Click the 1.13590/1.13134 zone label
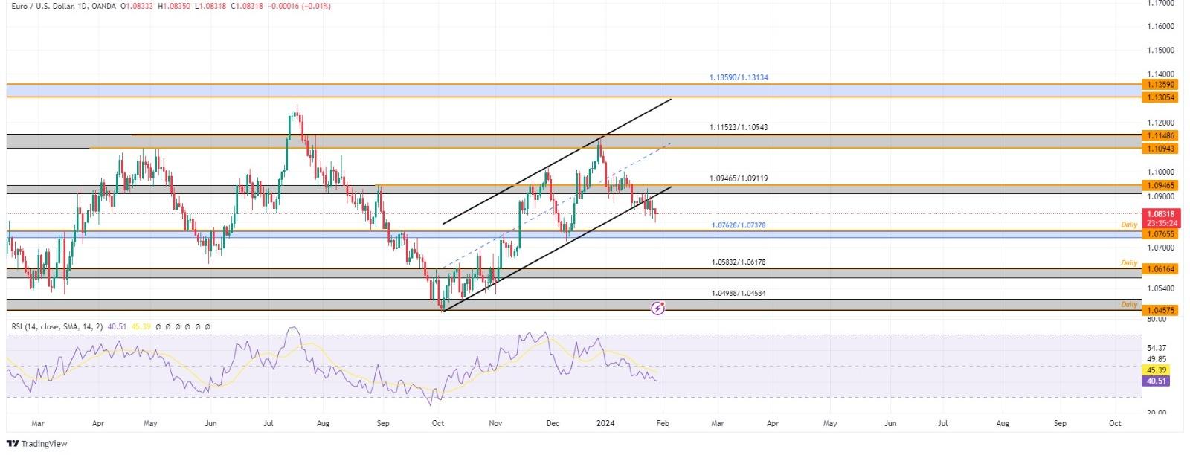(x=738, y=77)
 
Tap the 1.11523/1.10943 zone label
(x=738, y=127)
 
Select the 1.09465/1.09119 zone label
(x=738, y=178)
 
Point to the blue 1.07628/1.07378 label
(x=739, y=225)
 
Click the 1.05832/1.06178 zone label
(x=738, y=262)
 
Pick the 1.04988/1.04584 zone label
(x=738, y=293)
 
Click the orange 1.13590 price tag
(x=1160, y=85)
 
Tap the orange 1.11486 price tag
(x=1160, y=135)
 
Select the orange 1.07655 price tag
(x=1160, y=234)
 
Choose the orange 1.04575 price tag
(x=1160, y=310)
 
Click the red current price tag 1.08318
(x=1160, y=214)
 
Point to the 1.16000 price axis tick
(x=1160, y=26)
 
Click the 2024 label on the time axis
(x=605, y=423)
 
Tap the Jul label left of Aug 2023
(x=268, y=423)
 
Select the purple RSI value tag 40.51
(x=1157, y=381)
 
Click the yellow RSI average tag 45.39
(x=1157, y=370)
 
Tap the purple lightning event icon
(x=658, y=307)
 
